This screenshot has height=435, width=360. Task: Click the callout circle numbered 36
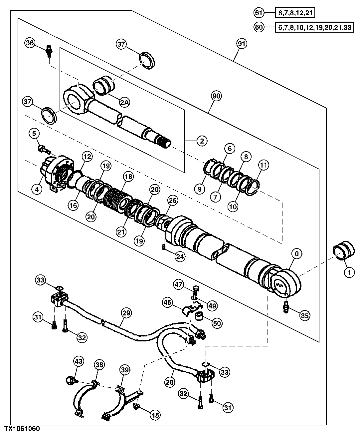click(x=30, y=43)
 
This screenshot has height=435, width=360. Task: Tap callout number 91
click(x=241, y=43)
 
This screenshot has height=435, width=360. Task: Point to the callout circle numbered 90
click(x=217, y=96)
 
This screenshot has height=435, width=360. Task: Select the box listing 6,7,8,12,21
click(x=295, y=13)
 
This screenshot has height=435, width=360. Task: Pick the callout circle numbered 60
click(x=259, y=27)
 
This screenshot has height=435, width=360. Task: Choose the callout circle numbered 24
click(x=180, y=256)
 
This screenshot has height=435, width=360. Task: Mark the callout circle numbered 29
click(x=126, y=313)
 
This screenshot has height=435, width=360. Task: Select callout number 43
click(x=79, y=361)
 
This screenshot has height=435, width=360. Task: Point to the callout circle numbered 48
click(x=155, y=415)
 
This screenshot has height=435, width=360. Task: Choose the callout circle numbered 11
click(x=263, y=165)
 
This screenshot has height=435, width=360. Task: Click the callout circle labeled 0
click(x=296, y=254)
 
